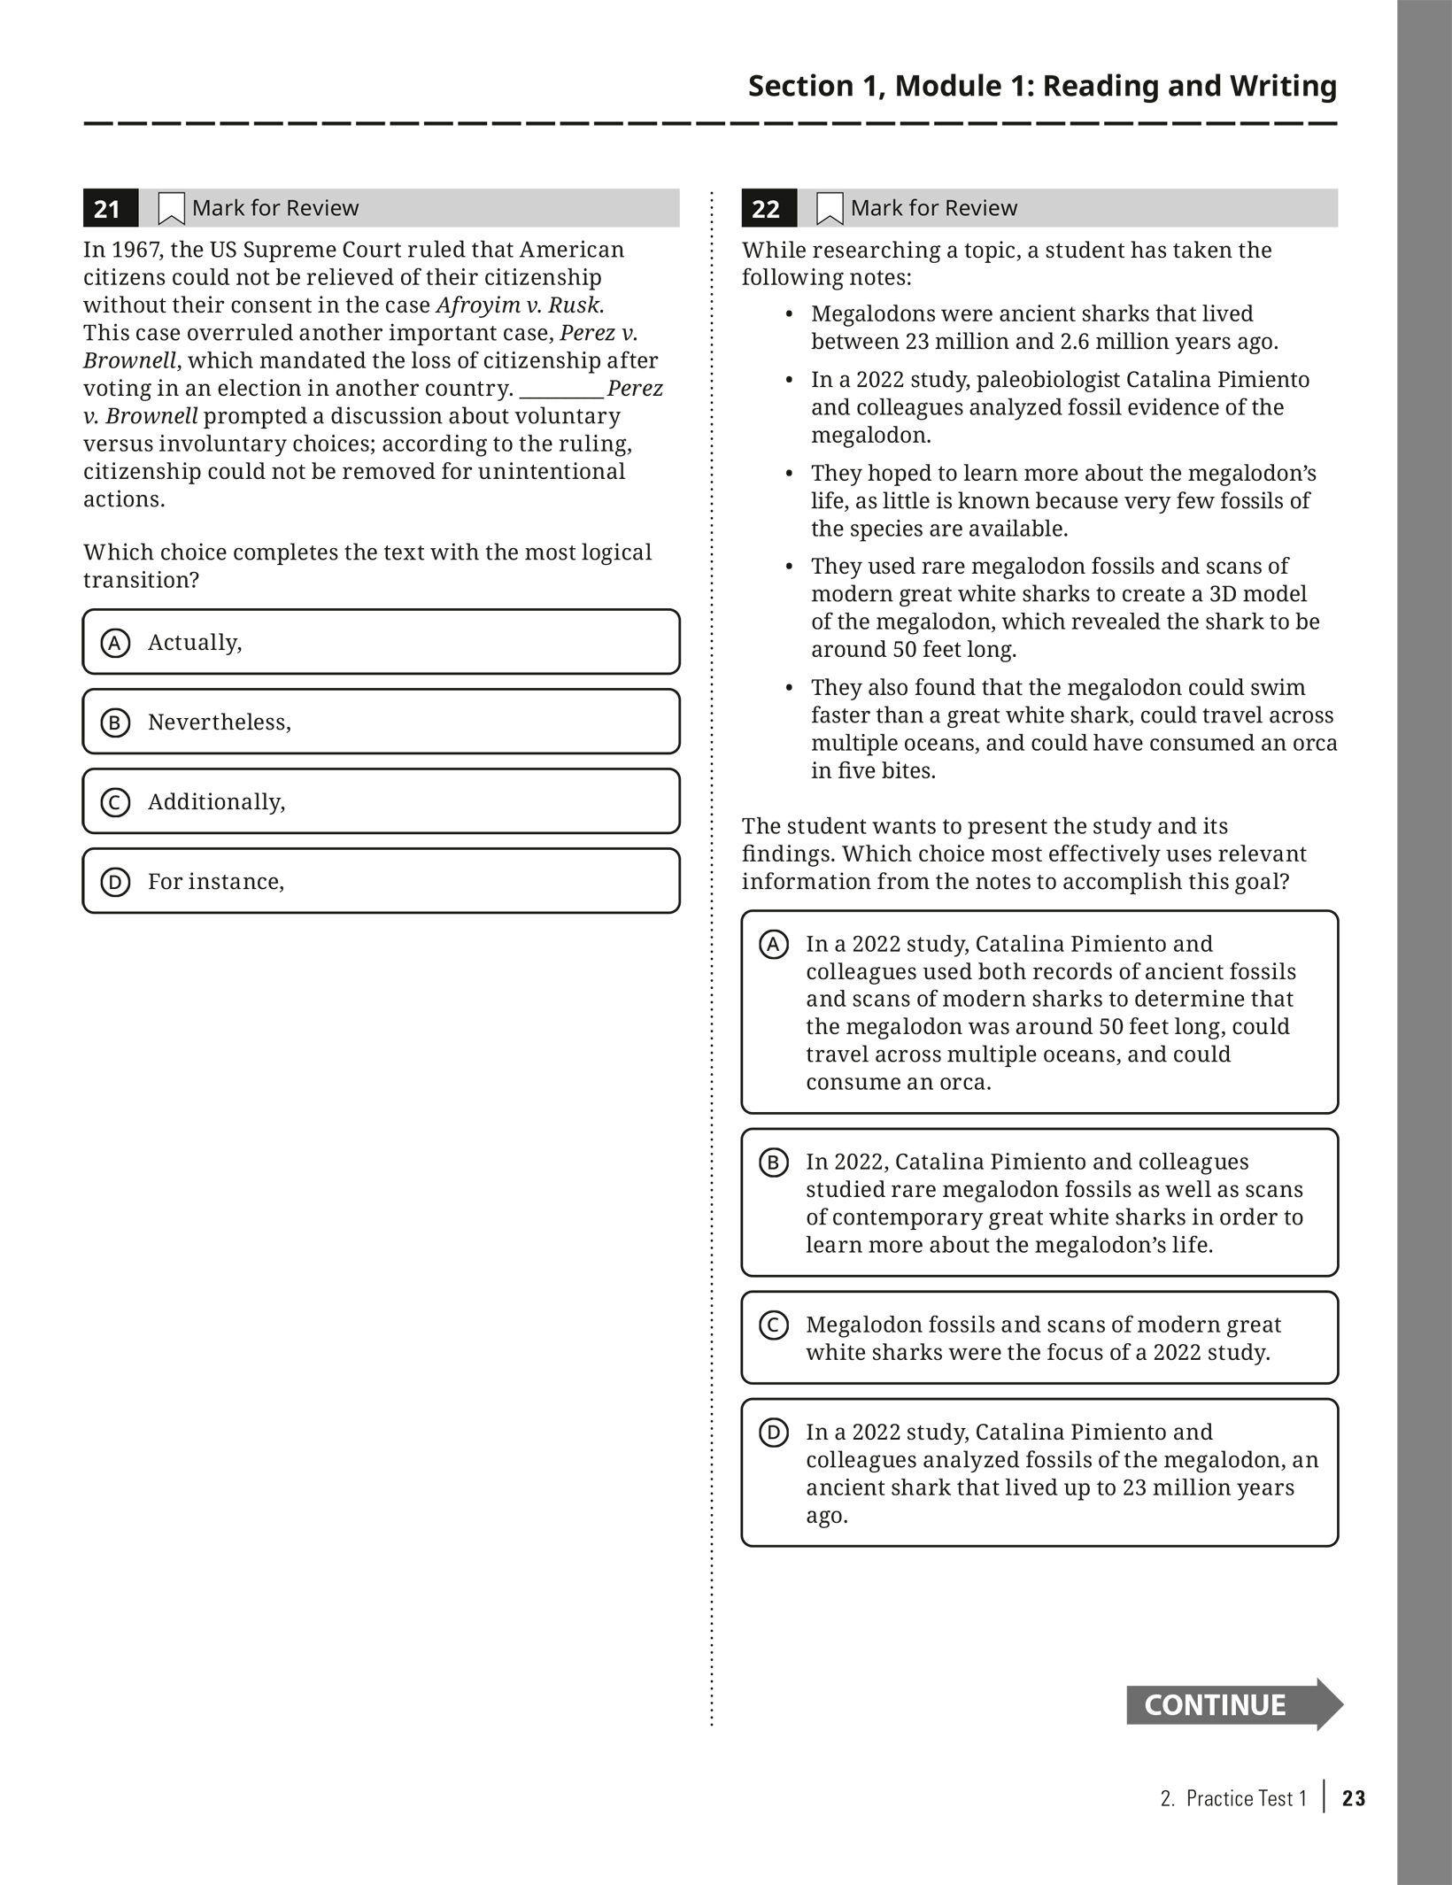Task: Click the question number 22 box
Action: (767, 208)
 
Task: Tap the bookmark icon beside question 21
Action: (171, 209)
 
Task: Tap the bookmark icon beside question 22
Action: (830, 209)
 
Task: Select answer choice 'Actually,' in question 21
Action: (381, 642)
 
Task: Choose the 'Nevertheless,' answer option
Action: (381, 722)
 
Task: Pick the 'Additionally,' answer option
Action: (381, 801)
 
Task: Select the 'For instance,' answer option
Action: (381, 881)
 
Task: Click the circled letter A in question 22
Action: (774, 945)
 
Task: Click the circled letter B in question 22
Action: (774, 1163)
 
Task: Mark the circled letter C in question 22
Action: (774, 1325)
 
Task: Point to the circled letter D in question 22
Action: (774, 1433)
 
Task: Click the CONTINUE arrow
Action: (1232, 1704)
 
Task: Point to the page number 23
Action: (1354, 1798)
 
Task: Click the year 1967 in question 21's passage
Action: (136, 250)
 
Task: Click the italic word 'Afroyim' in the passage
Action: (478, 305)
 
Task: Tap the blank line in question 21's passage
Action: (561, 390)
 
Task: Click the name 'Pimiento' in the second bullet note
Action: (1263, 380)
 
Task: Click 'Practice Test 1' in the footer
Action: (1246, 1798)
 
